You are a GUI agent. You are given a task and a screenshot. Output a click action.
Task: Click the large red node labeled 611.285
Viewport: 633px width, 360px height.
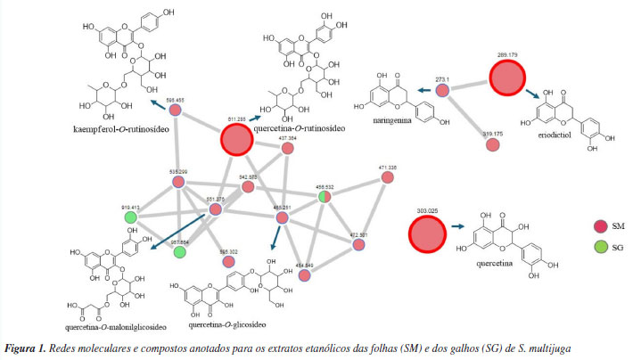point(236,141)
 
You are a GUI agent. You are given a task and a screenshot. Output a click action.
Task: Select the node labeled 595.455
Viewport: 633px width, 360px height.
point(177,110)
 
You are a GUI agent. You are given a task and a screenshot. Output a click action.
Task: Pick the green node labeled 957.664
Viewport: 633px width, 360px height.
point(180,253)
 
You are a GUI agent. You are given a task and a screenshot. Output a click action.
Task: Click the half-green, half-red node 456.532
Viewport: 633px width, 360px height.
point(325,196)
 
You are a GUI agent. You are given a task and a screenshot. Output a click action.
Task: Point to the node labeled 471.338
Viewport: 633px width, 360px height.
point(387,177)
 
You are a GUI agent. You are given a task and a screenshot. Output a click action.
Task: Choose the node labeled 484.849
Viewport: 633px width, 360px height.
point(304,276)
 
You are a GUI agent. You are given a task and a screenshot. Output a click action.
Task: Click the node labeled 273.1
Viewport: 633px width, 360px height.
point(441,88)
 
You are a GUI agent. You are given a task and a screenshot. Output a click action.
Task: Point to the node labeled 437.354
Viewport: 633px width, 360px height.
point(288,150)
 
